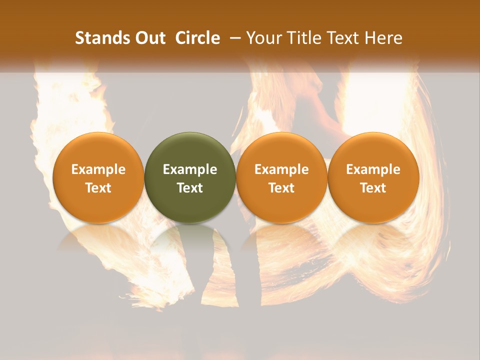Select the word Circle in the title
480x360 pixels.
tap(197, 38)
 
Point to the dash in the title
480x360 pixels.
tap(234, 38)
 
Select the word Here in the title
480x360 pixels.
tap(383, 38)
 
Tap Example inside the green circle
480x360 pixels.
tap(190, 169)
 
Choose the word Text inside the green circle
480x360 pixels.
tap(190, 188)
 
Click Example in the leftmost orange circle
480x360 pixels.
tap(98, 169)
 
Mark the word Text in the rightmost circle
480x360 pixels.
tap(373, 188)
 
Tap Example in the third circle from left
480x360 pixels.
tap(281, 169)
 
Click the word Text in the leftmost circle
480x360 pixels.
tap(98, 188)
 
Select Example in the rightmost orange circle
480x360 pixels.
tap(373, 169)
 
